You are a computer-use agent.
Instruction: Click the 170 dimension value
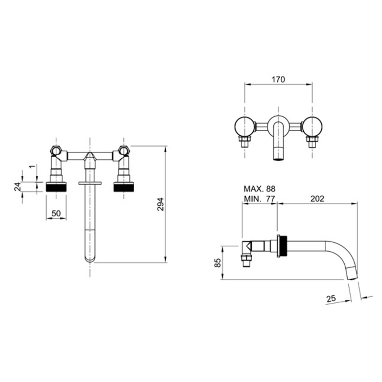(x=278, y=79)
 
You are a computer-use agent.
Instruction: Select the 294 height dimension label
(x=160, y=204)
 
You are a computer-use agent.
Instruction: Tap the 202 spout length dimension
(x=318, y=199)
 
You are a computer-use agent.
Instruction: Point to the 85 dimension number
(x=218, y=263)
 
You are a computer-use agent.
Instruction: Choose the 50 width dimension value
(x=56, y=213)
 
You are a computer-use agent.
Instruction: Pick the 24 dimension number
(x=17, y=187)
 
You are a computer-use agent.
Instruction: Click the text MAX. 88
(x=259, y=189)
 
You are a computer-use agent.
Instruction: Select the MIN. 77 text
(x=259, y=199)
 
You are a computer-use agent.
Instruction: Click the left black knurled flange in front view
(x=56, y=188)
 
